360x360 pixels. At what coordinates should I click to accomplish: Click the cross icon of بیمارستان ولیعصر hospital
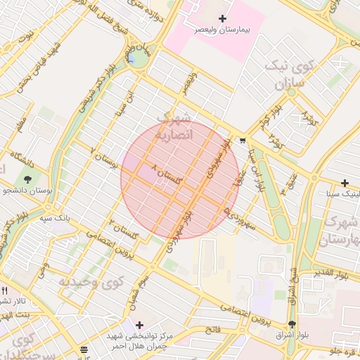223,18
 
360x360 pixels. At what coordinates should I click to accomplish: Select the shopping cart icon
243,139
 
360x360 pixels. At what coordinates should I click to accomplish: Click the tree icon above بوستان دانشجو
28,177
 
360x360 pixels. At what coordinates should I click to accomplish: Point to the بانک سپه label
54,219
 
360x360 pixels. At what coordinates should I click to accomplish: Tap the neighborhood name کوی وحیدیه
91,282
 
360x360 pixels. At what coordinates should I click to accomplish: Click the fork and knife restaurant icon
5,290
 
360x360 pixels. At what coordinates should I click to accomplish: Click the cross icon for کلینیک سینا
345,183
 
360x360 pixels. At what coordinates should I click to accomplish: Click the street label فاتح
212,329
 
